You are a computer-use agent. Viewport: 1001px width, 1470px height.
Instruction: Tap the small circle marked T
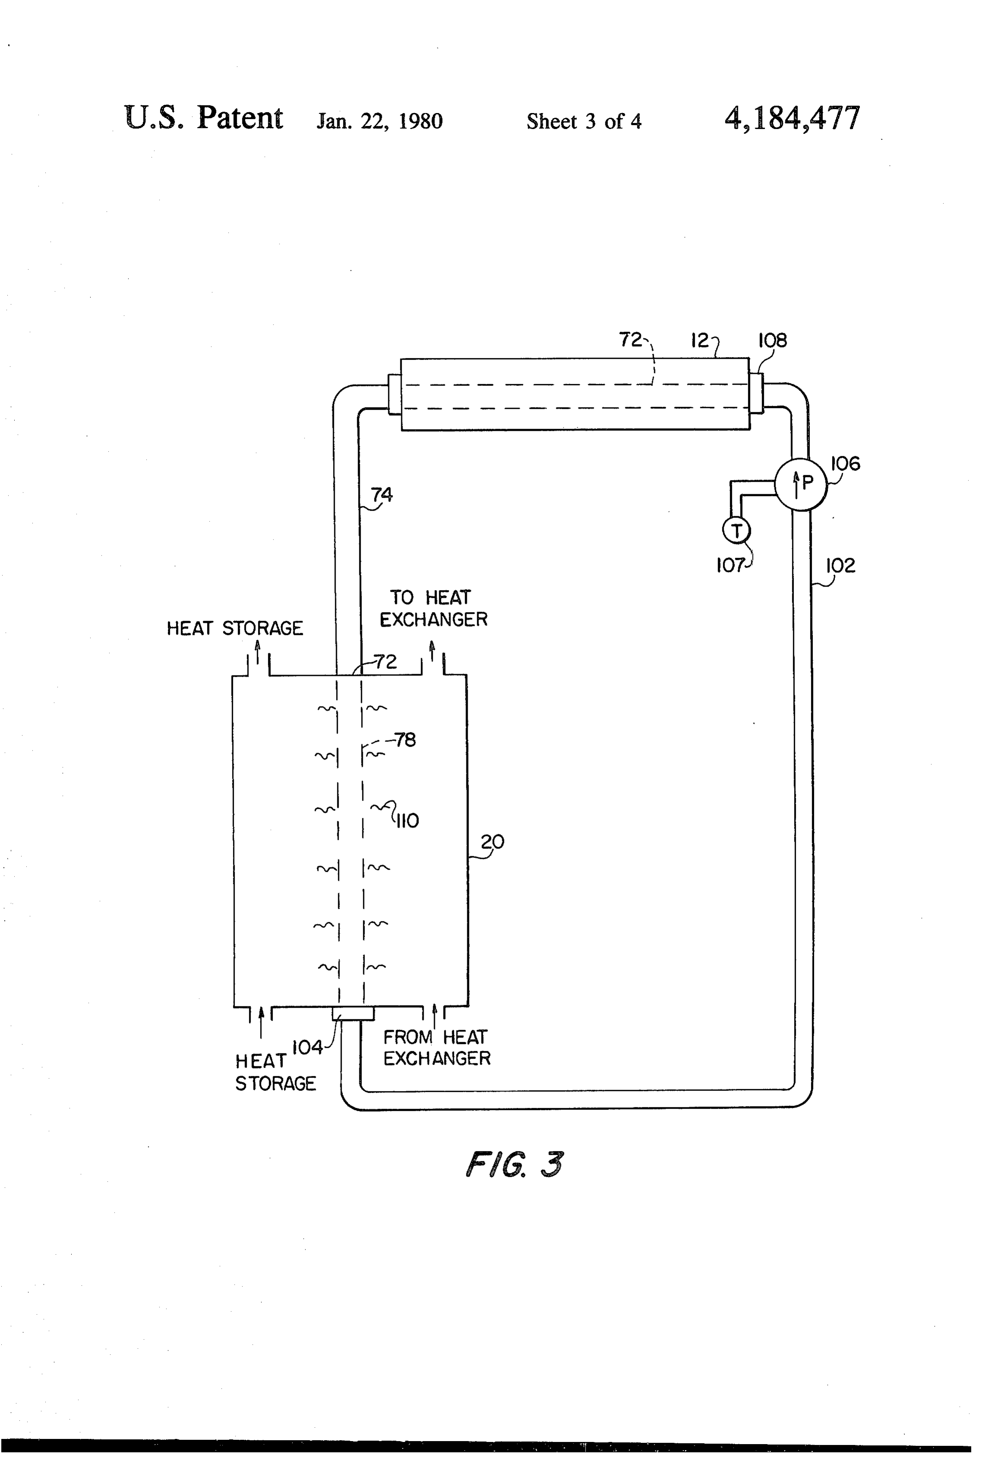coord(736,530)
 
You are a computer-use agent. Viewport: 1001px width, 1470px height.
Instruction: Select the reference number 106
coord(845,464)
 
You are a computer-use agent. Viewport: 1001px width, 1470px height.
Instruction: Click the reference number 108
coord(773,340)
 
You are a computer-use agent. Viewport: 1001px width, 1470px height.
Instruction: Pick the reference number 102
coord(840,565)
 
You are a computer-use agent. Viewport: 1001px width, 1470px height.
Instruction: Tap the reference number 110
coord(407,820)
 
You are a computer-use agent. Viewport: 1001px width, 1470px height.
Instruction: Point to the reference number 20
coord(492,842)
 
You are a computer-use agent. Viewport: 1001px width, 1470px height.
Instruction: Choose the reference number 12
coord(700,340)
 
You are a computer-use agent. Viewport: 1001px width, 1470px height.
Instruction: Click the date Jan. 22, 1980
coord(380,121)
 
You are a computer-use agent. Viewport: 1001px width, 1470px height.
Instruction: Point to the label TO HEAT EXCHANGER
coord(434,609)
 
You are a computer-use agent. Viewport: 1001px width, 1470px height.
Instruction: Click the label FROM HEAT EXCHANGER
coord(437,1048)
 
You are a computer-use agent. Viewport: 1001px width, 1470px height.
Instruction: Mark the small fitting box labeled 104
coord(353,1014)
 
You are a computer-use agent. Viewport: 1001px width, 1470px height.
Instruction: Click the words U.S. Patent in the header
coord(204,118)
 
